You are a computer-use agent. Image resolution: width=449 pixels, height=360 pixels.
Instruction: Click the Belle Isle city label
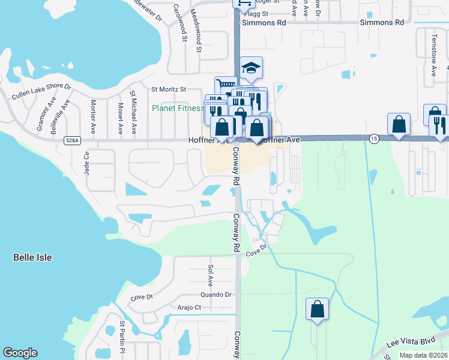(32, 257)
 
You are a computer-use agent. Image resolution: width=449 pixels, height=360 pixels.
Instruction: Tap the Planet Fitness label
(178, 109)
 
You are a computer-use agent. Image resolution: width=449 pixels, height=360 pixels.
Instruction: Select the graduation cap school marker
(252, 68)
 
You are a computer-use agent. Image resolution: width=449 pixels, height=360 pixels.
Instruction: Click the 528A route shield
(71, 140)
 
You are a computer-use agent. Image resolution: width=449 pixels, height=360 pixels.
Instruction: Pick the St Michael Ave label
(133, 112)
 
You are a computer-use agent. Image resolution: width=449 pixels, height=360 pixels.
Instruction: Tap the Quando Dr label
(216, 295)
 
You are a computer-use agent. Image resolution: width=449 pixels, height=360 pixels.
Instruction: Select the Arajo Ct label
(188, 307)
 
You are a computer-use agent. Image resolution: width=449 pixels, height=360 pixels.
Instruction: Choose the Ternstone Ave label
(433, 55)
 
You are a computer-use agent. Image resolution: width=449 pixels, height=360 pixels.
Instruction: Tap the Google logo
(20, 353)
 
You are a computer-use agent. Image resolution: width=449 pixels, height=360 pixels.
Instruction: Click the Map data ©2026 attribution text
(423, 355)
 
